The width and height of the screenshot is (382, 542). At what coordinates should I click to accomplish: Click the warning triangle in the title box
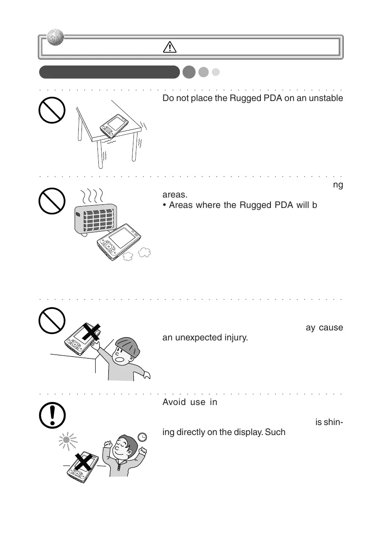169,47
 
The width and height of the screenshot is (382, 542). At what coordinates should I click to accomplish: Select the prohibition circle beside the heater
51,202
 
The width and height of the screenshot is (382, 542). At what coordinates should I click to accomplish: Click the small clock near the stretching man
143,436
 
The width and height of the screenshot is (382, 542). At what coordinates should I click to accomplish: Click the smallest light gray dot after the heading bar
216,72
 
